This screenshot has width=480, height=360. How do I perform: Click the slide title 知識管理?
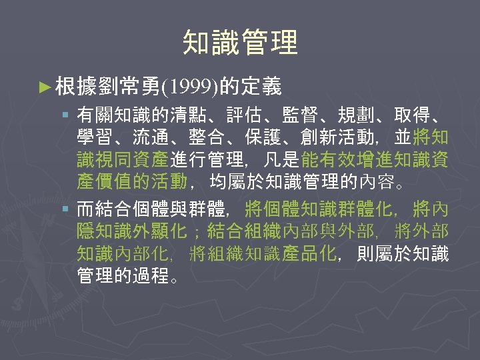240,42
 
